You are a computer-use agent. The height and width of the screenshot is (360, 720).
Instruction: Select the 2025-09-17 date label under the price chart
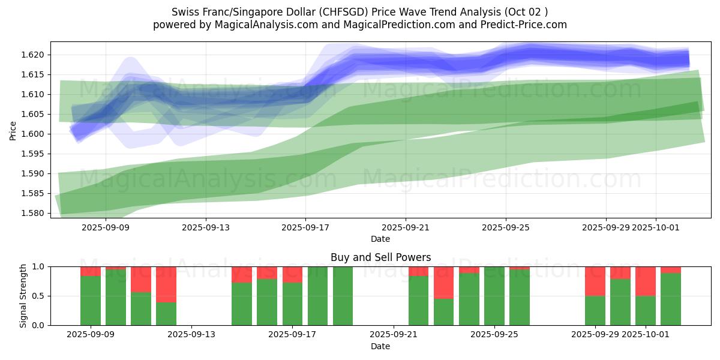click(305, 227)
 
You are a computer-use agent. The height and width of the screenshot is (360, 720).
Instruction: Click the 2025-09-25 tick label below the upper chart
click(505, 227)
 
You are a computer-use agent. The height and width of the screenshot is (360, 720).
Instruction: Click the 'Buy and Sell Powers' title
click(380, 257)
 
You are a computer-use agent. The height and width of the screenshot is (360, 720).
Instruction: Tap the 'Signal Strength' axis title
click(24, 296)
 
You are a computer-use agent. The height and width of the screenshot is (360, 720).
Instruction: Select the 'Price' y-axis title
click(13, 131)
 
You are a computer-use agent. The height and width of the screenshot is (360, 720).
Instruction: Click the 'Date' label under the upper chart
click(380, 239)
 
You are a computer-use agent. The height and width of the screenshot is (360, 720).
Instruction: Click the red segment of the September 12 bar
click(166, 284)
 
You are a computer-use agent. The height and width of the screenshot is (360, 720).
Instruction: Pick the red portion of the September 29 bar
click(595, 281)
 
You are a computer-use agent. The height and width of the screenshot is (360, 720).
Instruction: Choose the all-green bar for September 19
click(343, 296)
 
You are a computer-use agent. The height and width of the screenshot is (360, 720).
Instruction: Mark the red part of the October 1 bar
click(646, 281)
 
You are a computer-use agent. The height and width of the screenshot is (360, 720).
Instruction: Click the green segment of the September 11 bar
click(141, 308)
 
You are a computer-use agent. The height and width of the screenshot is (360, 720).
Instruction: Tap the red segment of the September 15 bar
click(242, 275)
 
